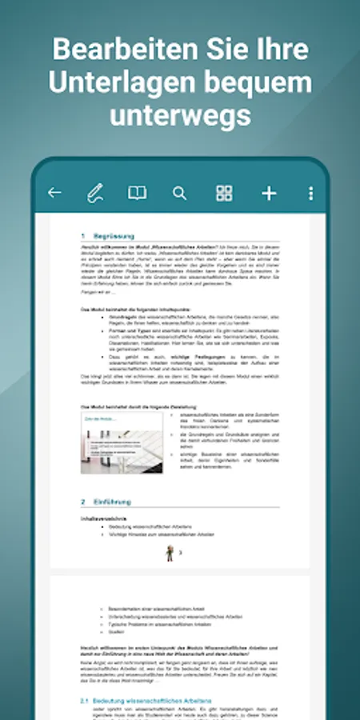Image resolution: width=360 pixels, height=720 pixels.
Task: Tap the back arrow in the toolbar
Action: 54,193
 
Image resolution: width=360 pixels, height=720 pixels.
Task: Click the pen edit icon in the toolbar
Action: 95,193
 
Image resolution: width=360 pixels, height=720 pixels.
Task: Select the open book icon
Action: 138,193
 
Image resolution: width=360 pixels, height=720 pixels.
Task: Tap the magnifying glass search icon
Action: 179,193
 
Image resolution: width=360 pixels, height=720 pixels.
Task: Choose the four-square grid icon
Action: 224,193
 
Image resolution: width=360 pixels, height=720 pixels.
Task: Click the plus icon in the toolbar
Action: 269,193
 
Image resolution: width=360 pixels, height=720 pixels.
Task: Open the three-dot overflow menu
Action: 310,193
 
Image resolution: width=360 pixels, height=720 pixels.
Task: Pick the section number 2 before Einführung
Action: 82,502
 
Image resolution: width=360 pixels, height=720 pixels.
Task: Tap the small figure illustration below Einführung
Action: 170,553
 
